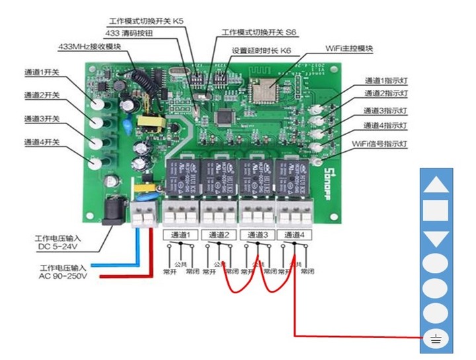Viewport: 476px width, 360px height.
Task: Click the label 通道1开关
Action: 42,72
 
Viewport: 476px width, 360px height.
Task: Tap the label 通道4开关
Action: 42,142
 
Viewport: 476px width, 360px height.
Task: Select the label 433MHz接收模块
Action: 90,47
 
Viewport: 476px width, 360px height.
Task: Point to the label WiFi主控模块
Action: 350,49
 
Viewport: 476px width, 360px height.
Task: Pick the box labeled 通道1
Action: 179,234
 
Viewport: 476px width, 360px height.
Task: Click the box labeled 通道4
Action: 294,234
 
